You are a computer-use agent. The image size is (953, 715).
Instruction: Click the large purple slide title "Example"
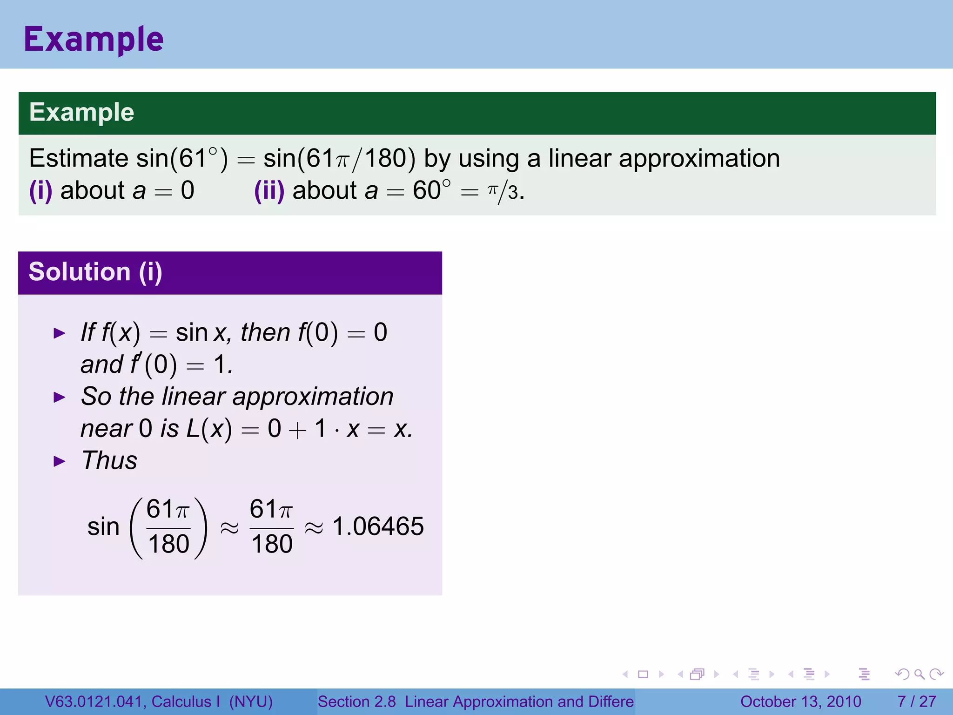click(x=94, y=39)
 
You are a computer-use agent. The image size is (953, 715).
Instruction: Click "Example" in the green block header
click(x=82, y=112)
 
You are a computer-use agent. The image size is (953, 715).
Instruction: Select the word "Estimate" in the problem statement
click(x=79, y=158)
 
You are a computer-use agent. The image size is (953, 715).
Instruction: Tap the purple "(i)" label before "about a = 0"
click(x=40, y=190)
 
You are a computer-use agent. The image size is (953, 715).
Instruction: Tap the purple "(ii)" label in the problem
click(x=269, y=190)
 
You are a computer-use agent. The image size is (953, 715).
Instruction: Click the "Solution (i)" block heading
click(x=95, y=272)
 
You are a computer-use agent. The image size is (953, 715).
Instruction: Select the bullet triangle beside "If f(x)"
click(x=60, y=333)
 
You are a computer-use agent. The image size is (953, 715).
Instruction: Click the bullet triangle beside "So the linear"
click(x=60, y=398)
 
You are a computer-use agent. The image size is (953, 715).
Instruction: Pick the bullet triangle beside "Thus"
click(x=60, y=462)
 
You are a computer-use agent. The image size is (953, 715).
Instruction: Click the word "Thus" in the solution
click(x=110, y=461)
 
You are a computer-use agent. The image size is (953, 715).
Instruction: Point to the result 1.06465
click(x=378, y=526)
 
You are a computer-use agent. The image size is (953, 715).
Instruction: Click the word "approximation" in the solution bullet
click(x=313, y=397)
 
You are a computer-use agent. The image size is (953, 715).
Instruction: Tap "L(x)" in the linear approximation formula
click(x=209, y=429)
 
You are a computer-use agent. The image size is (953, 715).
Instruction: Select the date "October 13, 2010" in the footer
click(x=800, y=702)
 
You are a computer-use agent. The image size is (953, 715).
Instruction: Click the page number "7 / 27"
click(x=916, y=702)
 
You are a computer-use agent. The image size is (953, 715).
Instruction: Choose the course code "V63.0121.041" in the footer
click(x=94, y=702)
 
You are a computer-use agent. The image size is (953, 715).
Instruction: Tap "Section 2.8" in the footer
click(x=356, y=702)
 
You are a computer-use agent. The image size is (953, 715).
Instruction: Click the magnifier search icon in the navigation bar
click(x=919, y=674)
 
